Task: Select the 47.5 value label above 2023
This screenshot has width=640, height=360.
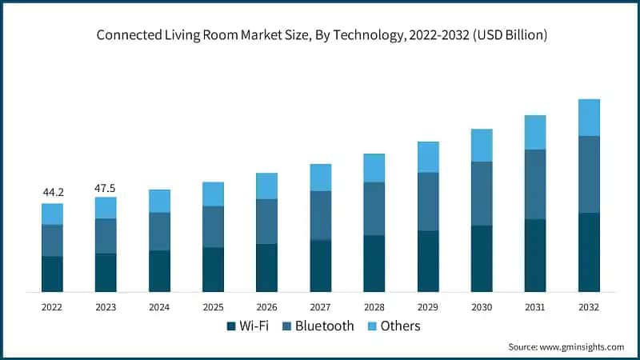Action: pyautogui.click(x=106, y=187)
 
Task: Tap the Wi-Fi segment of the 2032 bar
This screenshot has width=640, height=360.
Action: pyautogui.click(x=589, y=252)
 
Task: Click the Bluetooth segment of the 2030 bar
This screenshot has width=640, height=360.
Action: pyautogui.click(x=482, y=194)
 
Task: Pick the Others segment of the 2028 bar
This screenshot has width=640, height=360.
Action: pyautogui.click(x=374, y=168)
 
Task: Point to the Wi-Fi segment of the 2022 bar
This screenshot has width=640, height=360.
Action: pyautogui.click(x=52, y=274)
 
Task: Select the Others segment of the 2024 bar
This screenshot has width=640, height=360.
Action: pyautogui.click(x=159, y=201)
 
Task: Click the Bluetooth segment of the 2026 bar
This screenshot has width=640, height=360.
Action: pyautogui.click(x=266, y=222)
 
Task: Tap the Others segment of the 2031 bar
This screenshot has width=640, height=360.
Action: pyautogui.click(x=535, y=132)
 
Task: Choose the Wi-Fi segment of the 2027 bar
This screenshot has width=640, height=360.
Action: pyautogui.click(x=321, y=266)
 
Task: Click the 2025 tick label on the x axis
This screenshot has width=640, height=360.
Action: pyautogui.click(x=213, y=307)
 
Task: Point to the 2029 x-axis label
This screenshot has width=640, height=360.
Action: pyautogui.click(x=427, y=307)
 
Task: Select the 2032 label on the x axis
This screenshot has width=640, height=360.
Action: pyautogui.click(x=589, y=307)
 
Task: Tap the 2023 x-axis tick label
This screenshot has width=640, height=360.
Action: pyautogui.click(x=106, y=307)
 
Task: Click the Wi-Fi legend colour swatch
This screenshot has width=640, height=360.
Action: pyautogui.click(x=232, y=326)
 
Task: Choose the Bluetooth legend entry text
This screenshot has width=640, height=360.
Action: pyautogui.click(x=324, y=326)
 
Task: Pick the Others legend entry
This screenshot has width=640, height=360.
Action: pyautogui.click(x=400, y=326)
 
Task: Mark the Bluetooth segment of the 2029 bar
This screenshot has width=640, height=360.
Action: pyautogui.click(x=428, y=202)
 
